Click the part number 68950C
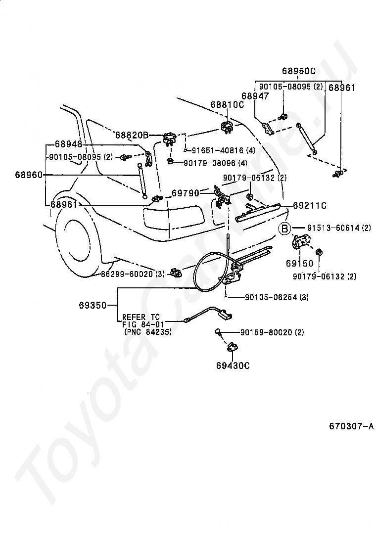pos(299,71)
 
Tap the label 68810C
pos(227,104)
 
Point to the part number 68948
pos(68,144)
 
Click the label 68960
pos(29,174)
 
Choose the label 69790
pos(185,193)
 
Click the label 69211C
pos(310,205)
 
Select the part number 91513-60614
pos(333,228)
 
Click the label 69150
pos(299,263)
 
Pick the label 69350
pos(93,306)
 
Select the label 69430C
pos(233,366)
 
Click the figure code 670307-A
pos(351,426)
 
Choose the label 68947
pos(255,96)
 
